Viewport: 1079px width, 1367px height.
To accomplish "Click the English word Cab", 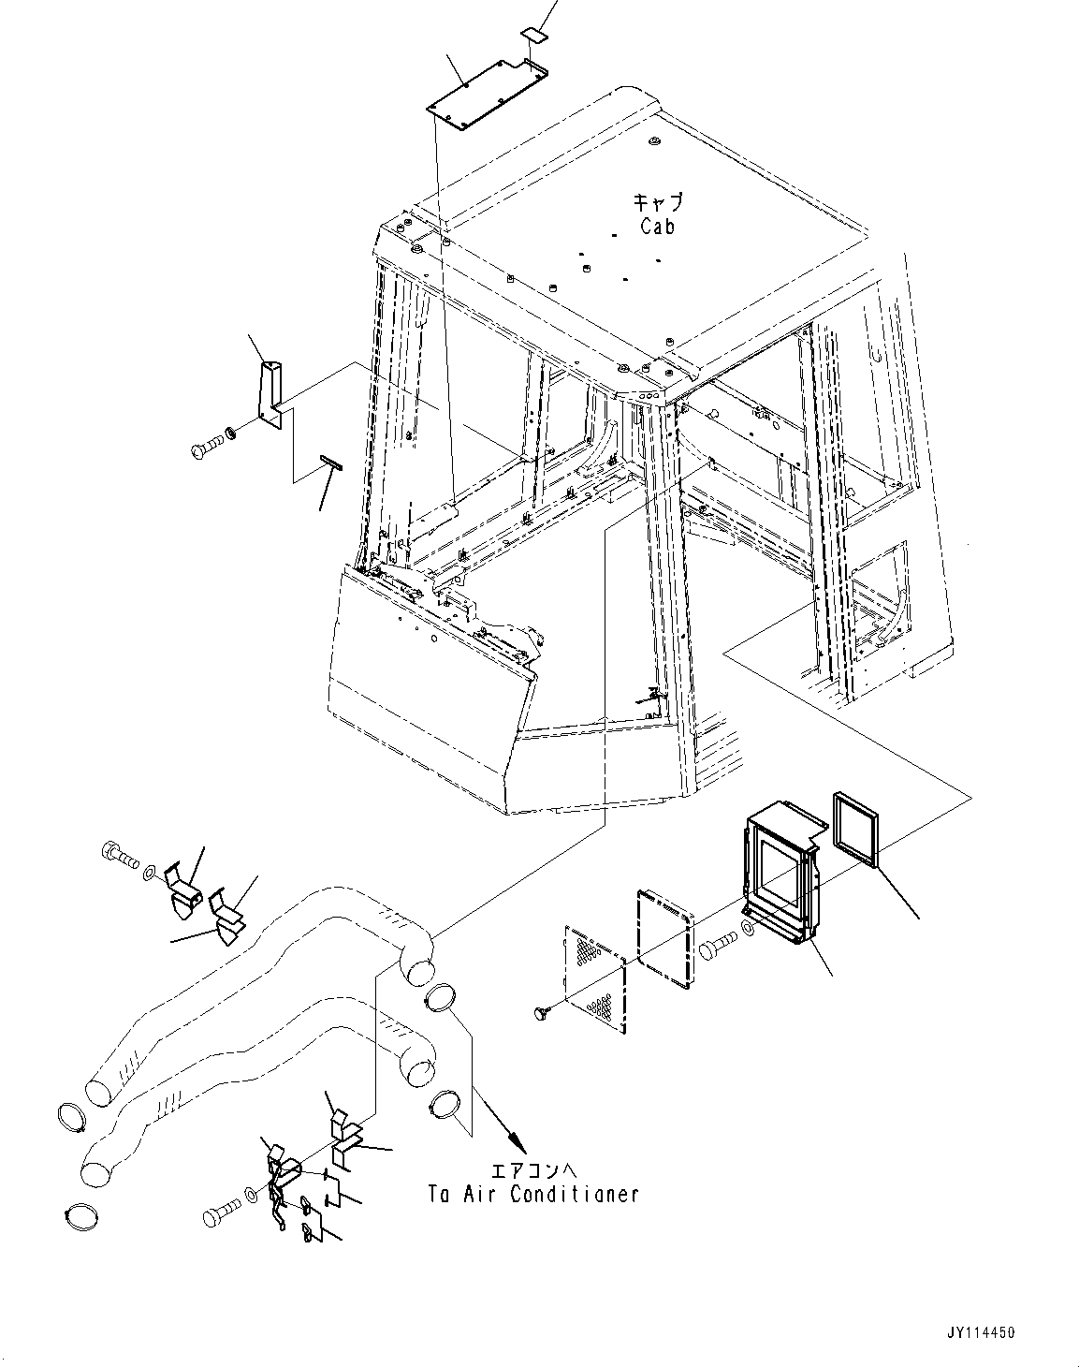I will click(657, 226).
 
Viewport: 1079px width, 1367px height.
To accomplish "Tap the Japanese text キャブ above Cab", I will click(658, 202).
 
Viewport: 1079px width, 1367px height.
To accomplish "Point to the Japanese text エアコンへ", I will click(529, 1170).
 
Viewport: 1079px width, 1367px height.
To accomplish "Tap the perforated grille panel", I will click(595, 978).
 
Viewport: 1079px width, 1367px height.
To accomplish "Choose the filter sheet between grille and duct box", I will click(665, 937).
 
